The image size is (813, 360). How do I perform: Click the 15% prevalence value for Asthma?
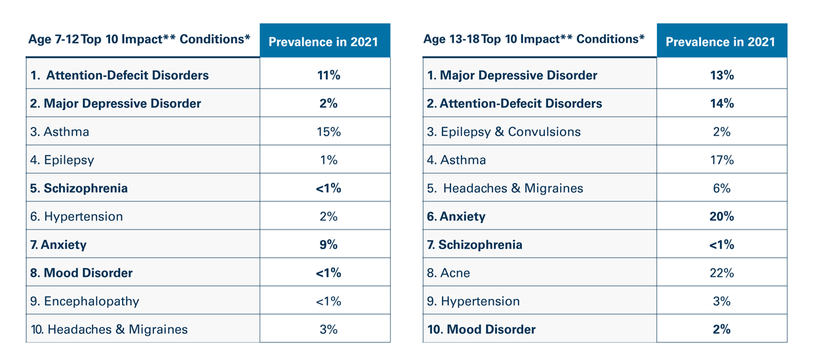click(328, 132)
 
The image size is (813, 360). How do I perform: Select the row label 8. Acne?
click(448, 273)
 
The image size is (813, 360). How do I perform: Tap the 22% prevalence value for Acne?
click(721, 273)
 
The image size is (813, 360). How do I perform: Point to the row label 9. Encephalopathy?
click(85, 301)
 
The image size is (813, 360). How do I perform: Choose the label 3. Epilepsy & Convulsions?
click(504, 132)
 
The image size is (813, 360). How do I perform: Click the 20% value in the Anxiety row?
click(721, 216)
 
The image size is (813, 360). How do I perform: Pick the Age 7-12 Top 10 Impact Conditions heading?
click(139, 39)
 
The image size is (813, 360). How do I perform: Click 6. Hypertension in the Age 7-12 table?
click(77, 216)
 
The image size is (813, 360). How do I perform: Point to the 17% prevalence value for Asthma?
click(721, 160)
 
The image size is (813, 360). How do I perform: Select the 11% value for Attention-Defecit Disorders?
click(328, 75)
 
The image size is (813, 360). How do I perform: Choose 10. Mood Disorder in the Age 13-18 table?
click(481, 329)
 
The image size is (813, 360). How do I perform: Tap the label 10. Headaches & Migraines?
click(109, 329)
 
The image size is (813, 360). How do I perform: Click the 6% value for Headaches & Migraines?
click(721, 188)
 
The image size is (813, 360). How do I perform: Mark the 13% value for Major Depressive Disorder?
click(721, 75)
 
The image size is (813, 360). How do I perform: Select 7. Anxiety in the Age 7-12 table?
click(58, 245)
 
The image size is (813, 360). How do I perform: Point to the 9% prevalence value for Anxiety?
click(328, 245)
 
